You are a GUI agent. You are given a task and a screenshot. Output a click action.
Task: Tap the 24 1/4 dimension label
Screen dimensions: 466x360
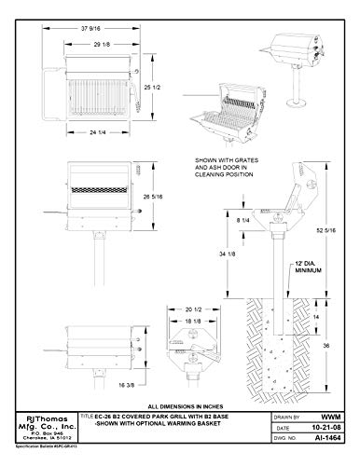(90, 133)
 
